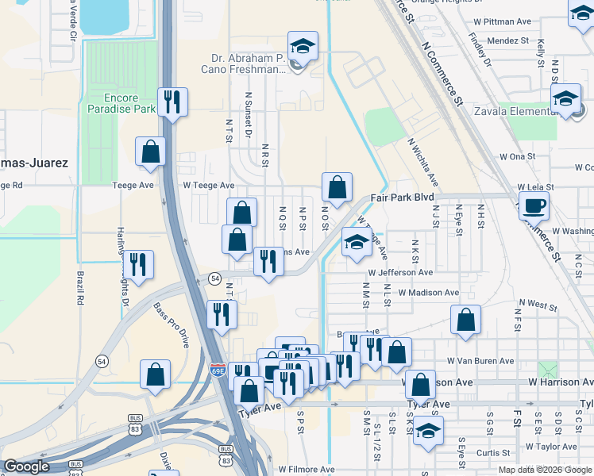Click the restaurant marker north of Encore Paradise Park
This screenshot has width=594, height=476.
click(x=172, y=102)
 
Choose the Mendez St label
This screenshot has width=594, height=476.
click(x=509, y=40)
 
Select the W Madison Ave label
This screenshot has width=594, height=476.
click(x=429, y=292)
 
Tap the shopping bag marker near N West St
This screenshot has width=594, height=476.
click(x=465, y=321)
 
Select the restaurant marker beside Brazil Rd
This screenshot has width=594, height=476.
click(x=138, y=267)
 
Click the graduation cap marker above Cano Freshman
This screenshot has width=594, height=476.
click(x=302, y=46)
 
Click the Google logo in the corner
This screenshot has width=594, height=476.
click(x=27, y=466)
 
